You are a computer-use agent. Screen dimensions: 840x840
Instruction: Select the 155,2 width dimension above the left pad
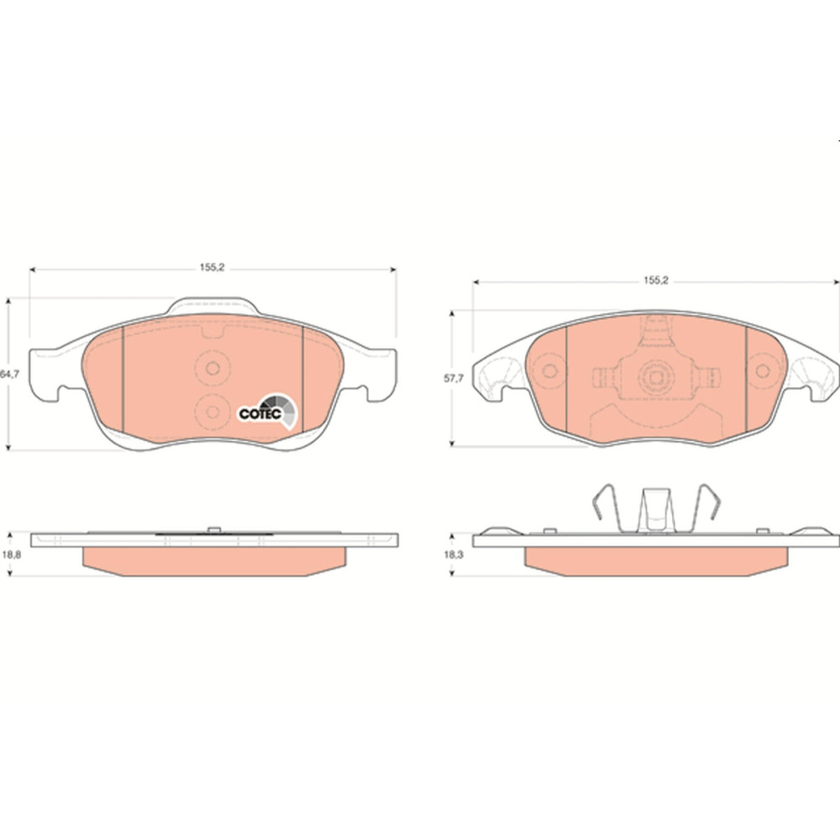[x=213, y=267]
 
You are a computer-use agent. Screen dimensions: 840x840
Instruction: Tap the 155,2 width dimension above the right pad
[x=656, y=281]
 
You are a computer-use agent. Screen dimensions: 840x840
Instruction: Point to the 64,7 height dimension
[x=9, y=375]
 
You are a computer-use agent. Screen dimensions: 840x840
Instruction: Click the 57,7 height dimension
[x=454, y=378]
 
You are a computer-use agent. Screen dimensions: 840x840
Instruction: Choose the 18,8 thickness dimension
[x=11, y=555]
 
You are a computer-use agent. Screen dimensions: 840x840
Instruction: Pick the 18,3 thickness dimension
[x=454, y=555]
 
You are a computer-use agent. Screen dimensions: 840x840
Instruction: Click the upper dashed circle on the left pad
[x=213, y=369]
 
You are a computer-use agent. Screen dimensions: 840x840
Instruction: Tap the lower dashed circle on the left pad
[x=213, y=412]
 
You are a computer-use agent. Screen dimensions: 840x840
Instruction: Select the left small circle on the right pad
[x=549, y=370]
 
